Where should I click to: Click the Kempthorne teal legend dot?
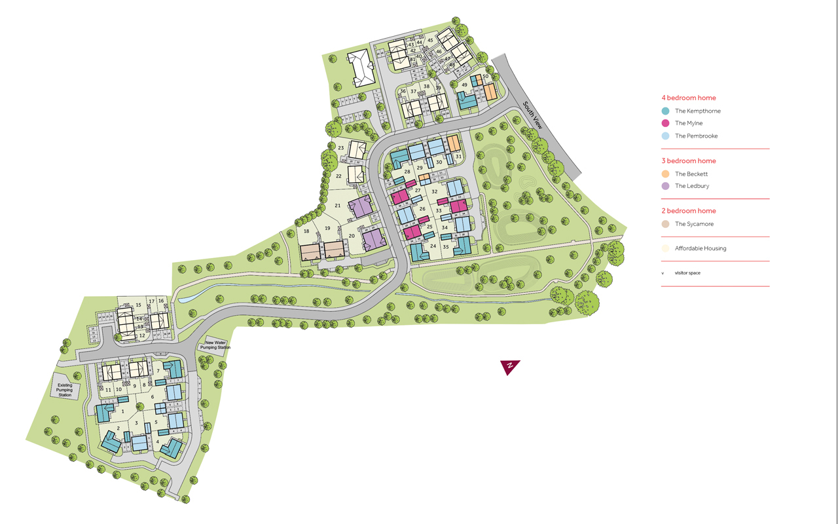(665, 111)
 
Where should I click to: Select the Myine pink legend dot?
(665, 123)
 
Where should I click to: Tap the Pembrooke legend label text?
(697, 136)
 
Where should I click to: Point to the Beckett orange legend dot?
(665, 174)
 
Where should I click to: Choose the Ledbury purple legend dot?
(665, 186)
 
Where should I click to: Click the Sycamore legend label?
(694, 224)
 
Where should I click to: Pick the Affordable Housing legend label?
(701, 248)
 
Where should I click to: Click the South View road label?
(537, 117)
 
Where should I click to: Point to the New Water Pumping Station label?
(216, 345)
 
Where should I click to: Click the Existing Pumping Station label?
(65, 391)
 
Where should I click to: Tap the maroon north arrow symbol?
(509, 367)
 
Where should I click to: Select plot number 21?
(338, 206)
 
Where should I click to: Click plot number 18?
(306, 231)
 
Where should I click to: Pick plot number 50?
(486, 77)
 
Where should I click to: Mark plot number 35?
(446, 247)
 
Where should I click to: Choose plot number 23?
(341, 148)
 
